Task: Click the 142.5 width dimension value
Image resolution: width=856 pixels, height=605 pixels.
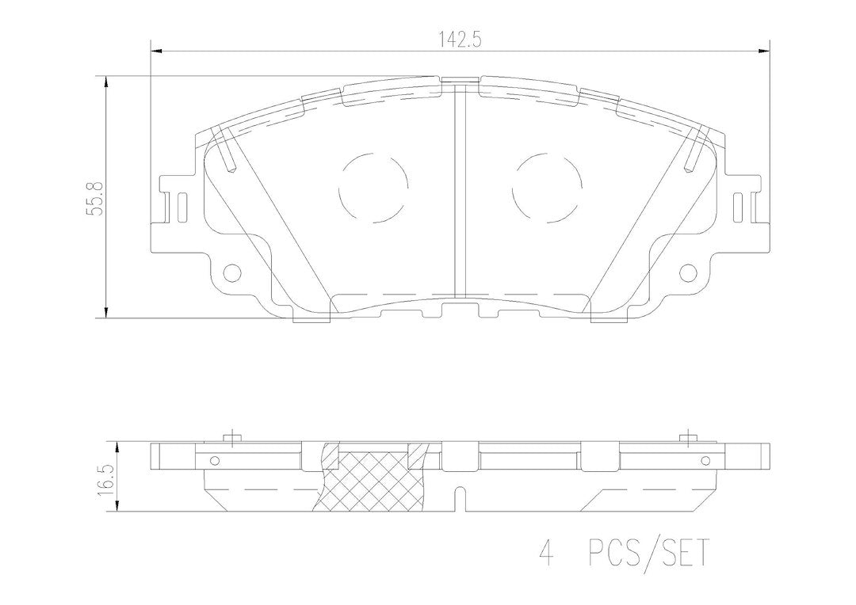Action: click(x=459, y=40)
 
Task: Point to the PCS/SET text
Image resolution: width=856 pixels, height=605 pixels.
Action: click(x=648, y=554)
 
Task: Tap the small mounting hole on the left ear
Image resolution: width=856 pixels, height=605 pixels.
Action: click(x=232, y=271)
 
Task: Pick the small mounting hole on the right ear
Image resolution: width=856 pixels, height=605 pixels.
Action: click(x=689, y=271)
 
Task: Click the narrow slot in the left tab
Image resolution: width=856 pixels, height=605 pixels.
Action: click(x=182, y=207)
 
